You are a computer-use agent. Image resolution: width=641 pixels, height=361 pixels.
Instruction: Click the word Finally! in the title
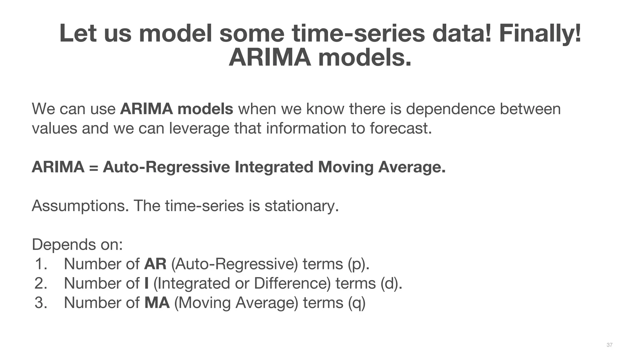click(540, 34)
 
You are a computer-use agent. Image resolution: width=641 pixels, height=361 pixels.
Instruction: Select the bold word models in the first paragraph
click(205, 109)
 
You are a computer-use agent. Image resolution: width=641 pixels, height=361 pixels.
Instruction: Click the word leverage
click(199, 128)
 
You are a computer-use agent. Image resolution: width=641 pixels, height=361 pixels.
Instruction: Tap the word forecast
click(401, 128)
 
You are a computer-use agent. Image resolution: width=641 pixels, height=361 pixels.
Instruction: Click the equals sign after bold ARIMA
click(93, 167)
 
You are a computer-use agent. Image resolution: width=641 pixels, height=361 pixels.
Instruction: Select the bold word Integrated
click(274, 167)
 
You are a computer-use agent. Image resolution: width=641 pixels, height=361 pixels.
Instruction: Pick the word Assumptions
click(80, 206)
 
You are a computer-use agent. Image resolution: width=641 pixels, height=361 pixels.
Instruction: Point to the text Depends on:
click(77, 244)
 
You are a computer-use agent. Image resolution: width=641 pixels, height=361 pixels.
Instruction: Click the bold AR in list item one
click(155, 264)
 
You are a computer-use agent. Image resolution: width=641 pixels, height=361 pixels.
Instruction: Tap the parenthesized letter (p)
click(358, 264)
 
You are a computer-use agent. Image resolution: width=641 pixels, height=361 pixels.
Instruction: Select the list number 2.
click(41, 283)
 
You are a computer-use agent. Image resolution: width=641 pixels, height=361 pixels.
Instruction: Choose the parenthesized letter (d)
click(391, 283)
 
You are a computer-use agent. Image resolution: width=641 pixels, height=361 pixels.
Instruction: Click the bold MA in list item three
click(157, 303)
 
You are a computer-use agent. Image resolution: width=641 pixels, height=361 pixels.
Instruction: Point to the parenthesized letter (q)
click(357, 303)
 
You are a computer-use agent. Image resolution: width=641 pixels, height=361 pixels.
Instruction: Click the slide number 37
click(609, 345)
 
